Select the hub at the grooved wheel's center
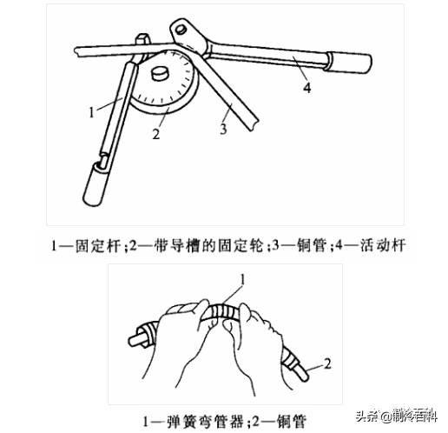[x=162, y=74]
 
